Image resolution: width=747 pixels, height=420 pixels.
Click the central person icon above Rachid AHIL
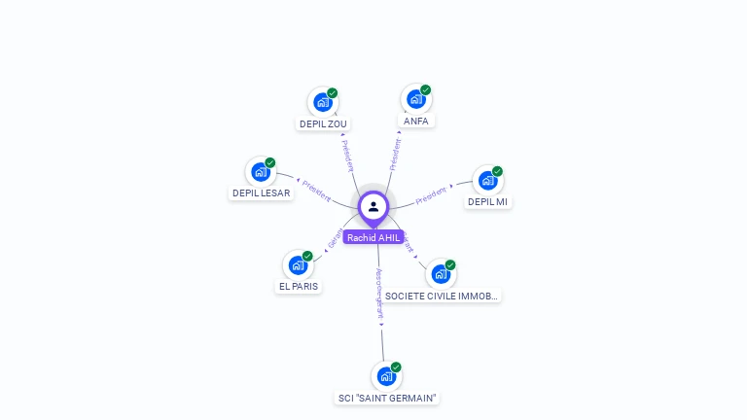pyautogui.click(x=373, y=206)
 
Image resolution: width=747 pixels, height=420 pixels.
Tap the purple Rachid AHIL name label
pyautogui.click(x=373, y=237)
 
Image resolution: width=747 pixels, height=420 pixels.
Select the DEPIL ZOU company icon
pyautogui.click(x=322, y=102)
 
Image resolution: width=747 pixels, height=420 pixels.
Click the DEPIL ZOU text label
pyautogui.click(x=323, y=123)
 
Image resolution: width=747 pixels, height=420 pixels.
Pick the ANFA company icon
pyautogui.click(x=415, y=99)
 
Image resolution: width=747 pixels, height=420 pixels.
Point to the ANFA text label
pyautogui.click(x=416, y=122)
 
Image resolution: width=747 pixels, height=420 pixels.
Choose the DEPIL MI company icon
pyautogui.click(x=487, y=180)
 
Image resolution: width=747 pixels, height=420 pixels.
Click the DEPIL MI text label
pyautogui.click(x=487, y=202)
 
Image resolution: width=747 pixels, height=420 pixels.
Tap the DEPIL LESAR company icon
pyautogui.click(x=260, y=171)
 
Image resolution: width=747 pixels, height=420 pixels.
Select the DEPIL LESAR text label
pyautogui.click(x=261, y=192)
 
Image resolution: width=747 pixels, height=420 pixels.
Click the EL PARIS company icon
pyautogui.click(x=298, y=264)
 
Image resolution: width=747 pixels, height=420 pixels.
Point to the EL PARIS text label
pyautogui.click(x=299, y=287)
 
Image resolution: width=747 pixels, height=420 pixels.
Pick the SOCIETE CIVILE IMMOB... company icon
pyautogui.click(x=441, y=273)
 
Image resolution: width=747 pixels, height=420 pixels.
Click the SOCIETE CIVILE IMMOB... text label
pyautogui.click(x=442, y=296)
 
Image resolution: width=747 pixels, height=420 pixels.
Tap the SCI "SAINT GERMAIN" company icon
pyautogui.click(x=386, y=376)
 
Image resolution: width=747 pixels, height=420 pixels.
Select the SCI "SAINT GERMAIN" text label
pyautogui.click(x=387, y=398)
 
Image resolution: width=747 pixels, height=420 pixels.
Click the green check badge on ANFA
pyautogui.click(x=425, y=90)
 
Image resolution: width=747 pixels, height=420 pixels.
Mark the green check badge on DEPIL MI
pyautogui.click(x=497, y=171)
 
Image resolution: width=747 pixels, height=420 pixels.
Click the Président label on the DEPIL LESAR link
pyautogui.click(x=317, y=191)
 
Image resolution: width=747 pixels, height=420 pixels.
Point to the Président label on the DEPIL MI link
pyautogui.click(x=432, y=195)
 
